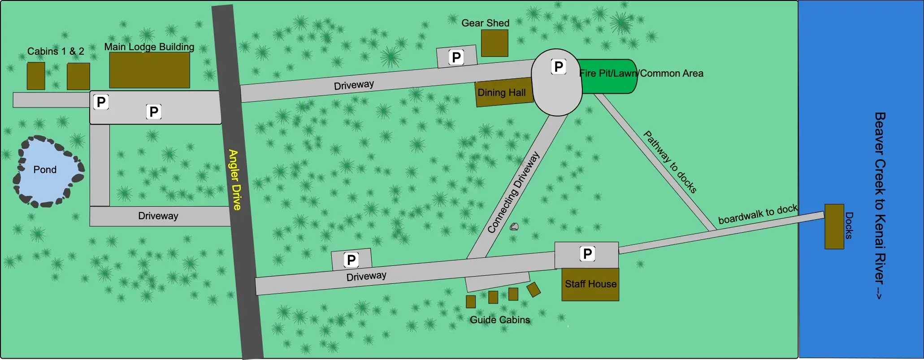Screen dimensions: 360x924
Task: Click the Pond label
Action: [x=45, y=169]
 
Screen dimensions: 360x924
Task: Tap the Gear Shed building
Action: [x=495, y=43]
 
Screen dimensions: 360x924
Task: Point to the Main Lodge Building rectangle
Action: [x=149, y=70]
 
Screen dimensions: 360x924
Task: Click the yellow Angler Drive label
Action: [x=234, y=179]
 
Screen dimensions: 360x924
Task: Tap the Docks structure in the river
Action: [x=834, y=226]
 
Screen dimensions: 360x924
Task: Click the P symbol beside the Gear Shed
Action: [x=456, y=57]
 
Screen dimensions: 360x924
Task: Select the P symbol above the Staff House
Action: [x=587, y=254]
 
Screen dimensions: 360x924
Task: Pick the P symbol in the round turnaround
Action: [x=559, y=67]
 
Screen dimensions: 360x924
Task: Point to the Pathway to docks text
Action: [x=670, y=162]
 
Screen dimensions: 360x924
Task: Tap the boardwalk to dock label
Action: [x=758, y=214]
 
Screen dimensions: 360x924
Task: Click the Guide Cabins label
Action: [x=500, y=320]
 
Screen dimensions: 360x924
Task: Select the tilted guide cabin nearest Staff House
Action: [x=534, y=289]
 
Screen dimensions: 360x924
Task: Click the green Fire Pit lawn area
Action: [x=607, y=76]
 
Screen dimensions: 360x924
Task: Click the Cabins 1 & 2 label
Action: [x=56, y=51]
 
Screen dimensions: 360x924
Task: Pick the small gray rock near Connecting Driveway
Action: [x=514, y=227]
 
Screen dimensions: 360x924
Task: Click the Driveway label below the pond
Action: [x=158, y=216]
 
